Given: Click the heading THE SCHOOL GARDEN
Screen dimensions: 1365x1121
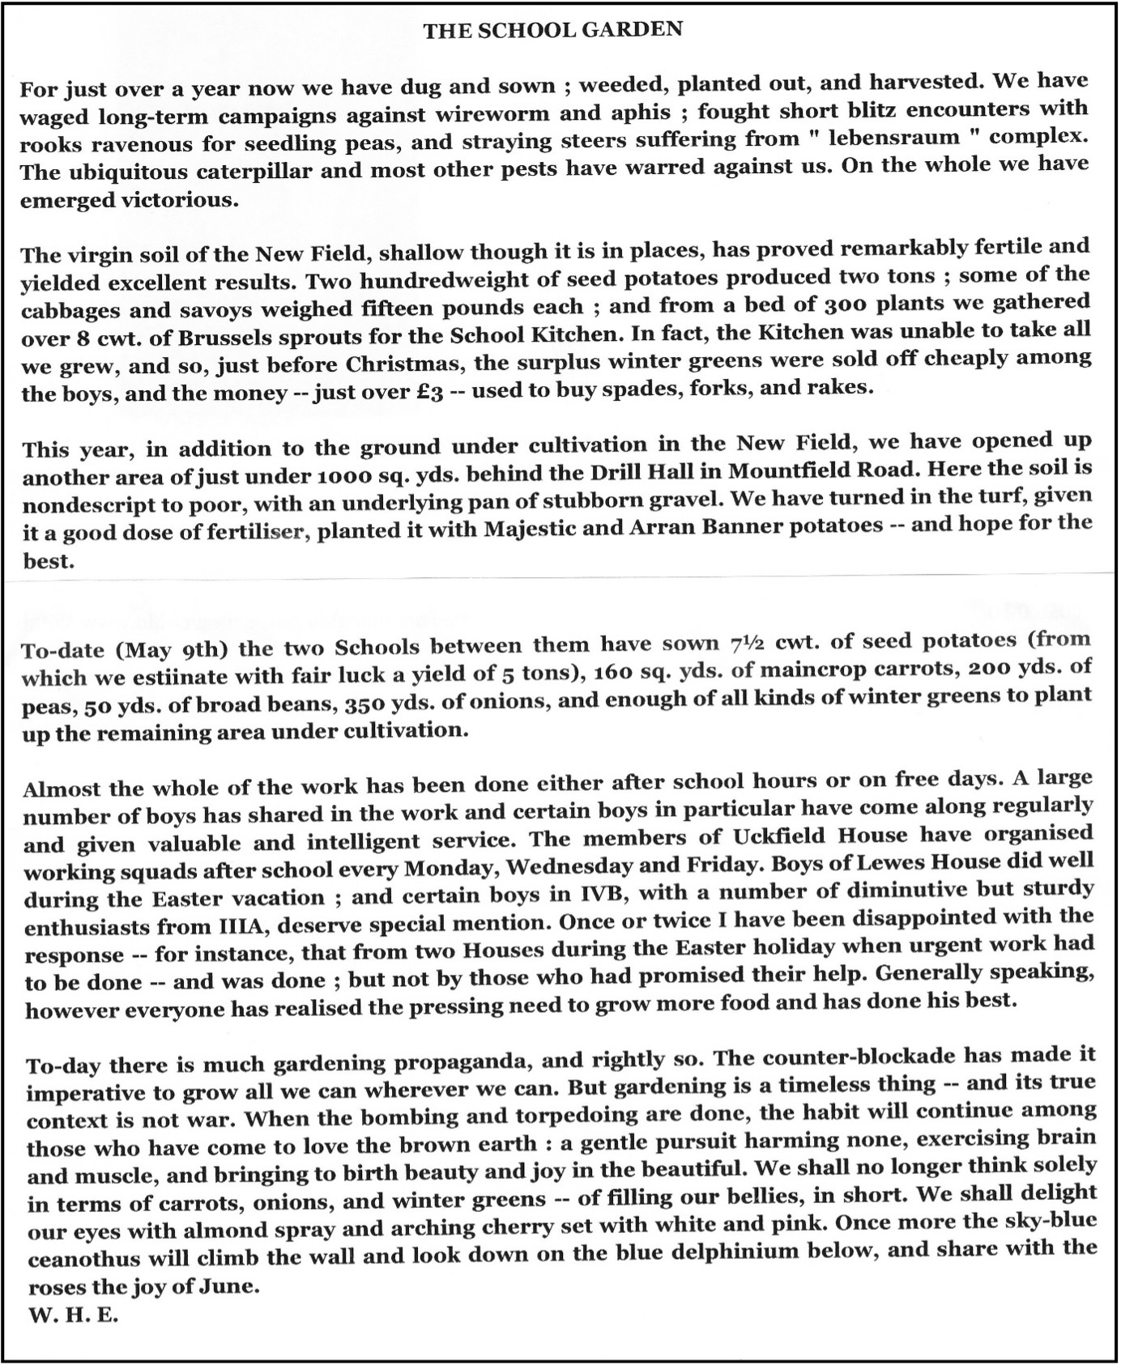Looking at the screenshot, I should pyautogui.click(x=552, y=31).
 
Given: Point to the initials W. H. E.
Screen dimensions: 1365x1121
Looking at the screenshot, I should pyautogui.click(x=73, y=1316).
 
